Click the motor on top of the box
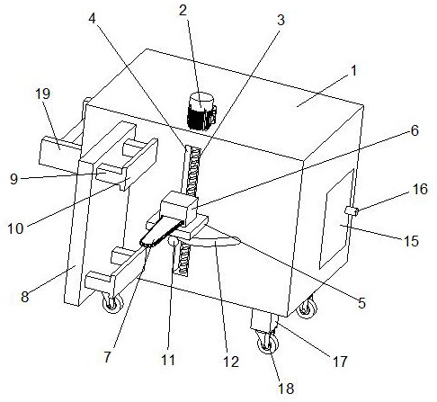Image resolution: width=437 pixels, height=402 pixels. pos(201,112)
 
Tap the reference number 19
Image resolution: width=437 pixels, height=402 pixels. pos(42,94)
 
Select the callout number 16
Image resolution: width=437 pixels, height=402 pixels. pos(420,189)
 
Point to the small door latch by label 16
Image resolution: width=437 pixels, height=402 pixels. pos(352,211)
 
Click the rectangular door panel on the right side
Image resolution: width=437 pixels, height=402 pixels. pos(337,219)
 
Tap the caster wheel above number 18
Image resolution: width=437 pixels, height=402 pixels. pos(268,343)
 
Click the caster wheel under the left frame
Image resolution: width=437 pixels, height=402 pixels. pos(112,303)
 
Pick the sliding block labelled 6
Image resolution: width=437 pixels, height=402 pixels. pos(179,209)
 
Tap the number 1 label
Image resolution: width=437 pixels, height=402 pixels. pos(354,71)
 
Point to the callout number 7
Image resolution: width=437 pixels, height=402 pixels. pos(108,357)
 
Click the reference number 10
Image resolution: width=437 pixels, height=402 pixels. pos(15,228)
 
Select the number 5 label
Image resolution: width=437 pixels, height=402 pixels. pos(362,303)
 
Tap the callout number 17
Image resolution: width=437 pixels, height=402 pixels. pos(340,362)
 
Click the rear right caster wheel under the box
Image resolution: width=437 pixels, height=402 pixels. pos(307,308)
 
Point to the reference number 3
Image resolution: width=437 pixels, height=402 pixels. pos(281,21)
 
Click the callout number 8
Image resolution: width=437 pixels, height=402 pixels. pos(25,297)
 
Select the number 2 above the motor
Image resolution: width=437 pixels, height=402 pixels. pos(183,11)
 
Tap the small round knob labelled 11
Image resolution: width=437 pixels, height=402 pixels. pos(173,241)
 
